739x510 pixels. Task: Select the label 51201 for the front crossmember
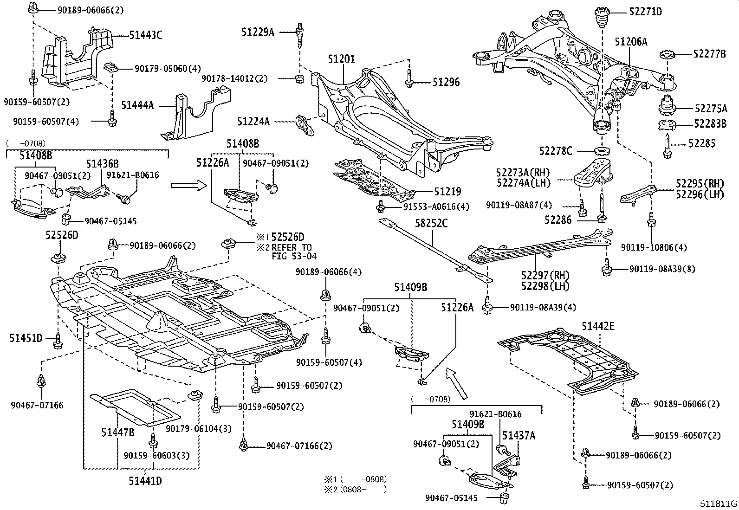coord(341,59)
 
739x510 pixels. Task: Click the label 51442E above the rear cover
coord(598,327)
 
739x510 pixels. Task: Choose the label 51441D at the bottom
coord(145,481)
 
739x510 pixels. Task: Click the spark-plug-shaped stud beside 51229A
coord(300,34)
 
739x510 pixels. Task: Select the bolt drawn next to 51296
coord(409,80)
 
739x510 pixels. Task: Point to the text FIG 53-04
coord(294,256)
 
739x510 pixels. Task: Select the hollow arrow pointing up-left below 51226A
coord(457,383)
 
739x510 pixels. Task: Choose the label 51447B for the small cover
coord(118,433)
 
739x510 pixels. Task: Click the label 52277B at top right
coord(710,54)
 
